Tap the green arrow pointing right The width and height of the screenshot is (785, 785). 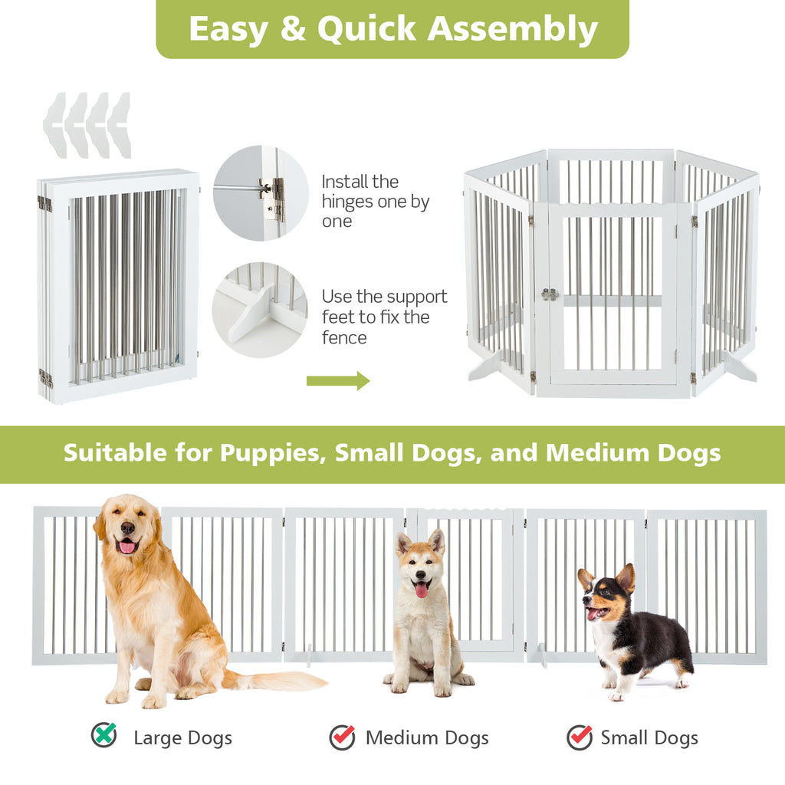tap(338, 380)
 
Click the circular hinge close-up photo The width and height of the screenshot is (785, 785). tap(261, 193)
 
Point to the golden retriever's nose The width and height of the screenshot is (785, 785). tap(127, 528)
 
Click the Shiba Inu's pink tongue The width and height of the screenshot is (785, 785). tap(421, 589)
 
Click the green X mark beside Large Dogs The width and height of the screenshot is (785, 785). tap(103, 735)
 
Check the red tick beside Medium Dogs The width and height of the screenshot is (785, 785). tap(343, 737)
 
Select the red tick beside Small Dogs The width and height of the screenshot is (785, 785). tap(580, 737)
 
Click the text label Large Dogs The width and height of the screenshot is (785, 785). tap(182, 738)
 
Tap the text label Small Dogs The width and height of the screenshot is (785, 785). tap(649, 738)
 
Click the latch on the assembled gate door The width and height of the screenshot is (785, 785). tap(549, 294)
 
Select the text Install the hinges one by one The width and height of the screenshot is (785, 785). tap(376, 202)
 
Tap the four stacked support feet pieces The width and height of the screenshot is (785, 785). tap(87, 124)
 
